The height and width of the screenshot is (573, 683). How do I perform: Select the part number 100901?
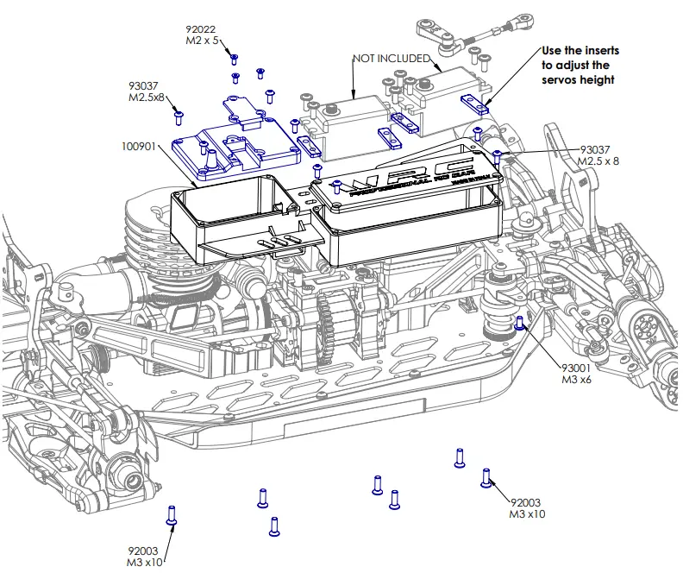[139, 147]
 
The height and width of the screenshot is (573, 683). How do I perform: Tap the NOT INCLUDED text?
[391, 58]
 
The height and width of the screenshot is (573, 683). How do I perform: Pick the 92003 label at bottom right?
[528, 507]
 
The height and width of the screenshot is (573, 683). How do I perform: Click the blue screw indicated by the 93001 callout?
[519, 324]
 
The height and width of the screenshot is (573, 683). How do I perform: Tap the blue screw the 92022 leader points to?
[234, 59]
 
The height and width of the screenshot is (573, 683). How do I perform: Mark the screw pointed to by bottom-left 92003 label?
[171, 515]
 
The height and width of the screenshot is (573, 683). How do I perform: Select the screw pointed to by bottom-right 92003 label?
[486, 475]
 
